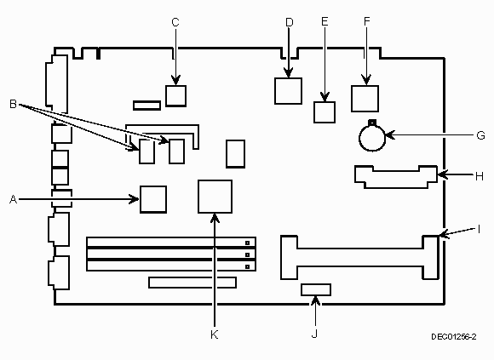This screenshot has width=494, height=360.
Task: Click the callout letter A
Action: [13, 199]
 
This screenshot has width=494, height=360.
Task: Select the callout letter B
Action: [13, 104]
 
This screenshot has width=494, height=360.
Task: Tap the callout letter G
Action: [480, 135]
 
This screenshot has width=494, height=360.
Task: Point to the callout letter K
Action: [215, 334]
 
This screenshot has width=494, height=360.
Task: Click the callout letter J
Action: [314, 334]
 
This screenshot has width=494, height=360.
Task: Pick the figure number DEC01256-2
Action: [454, 337]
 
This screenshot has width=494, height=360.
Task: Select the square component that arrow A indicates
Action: [153, 199]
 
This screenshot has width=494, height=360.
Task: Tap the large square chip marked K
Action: [215, 197]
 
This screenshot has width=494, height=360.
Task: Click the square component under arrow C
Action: [175, 95]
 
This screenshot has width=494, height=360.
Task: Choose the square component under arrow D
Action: [288, 91]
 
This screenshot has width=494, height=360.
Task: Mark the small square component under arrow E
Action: [325, 112]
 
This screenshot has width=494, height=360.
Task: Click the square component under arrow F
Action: [365, 99]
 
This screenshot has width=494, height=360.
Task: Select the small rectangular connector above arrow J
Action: [316, 289]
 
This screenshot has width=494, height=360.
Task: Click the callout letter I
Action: [479, 230]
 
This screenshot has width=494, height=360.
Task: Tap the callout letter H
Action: [480, 176]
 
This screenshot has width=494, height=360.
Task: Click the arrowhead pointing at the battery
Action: [389, 135]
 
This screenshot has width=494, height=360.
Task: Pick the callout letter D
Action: [290, 22]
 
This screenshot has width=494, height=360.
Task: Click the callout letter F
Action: [366, 21]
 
